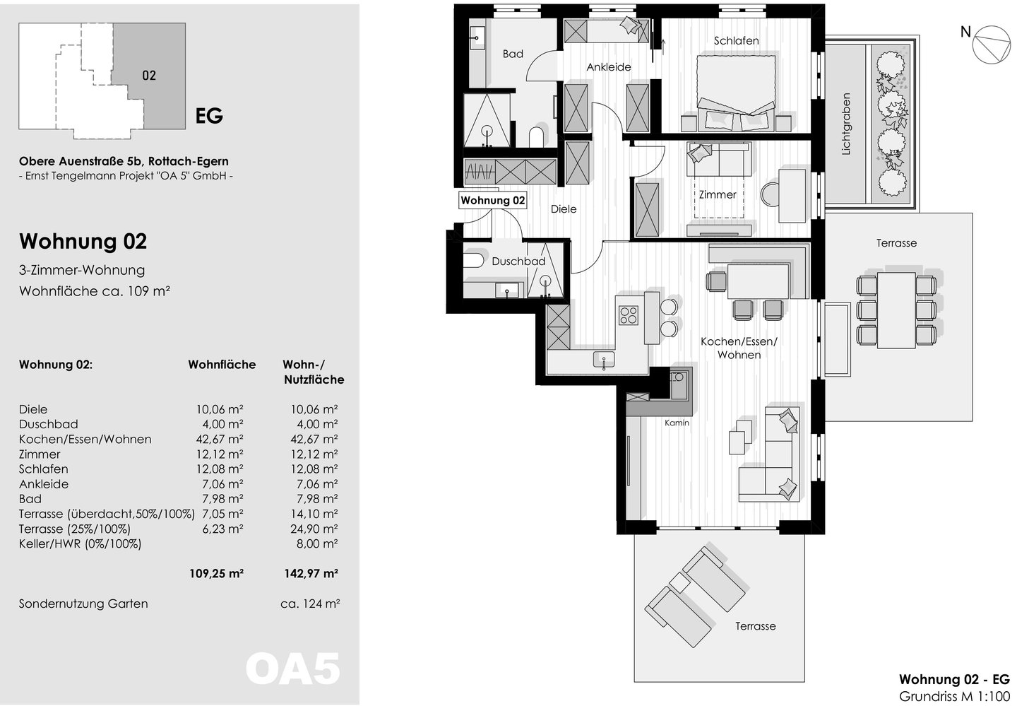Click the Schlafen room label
click(x=736, y=41)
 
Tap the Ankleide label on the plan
click(x=608, y=67)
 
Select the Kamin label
click(x=677, y=423)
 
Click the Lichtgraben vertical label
click(x=846, y=124)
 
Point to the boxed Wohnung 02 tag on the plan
click(x=493, y=201)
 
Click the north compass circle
click(x=992, y=44)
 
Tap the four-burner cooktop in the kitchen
click(x=629, y=315)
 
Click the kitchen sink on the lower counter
click(x=604, y=359)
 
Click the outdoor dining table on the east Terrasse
click(x=896, y=310)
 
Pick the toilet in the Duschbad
click(x=473, y=261)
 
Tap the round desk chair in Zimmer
click(x=770, y=194)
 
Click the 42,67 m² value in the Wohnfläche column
click(x=220, y=440)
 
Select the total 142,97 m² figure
click(x=311, y=573)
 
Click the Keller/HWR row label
click(x=80, y=544)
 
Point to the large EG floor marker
click(x=209, y=116)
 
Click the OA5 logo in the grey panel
click(x=293, y=669)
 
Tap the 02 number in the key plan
click(x=149, y=76)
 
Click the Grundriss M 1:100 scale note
click(x=954, y=696)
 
